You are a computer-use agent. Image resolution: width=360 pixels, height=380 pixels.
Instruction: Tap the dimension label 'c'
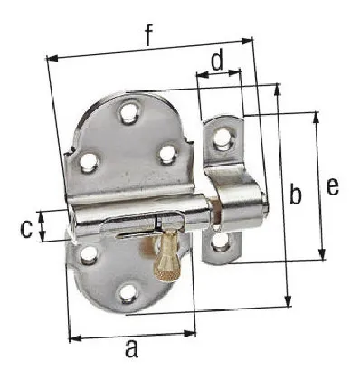pyautogui.click(x=26, y=226)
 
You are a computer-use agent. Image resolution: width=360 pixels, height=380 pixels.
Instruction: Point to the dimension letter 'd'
pyautogui.click(x=217, y=62)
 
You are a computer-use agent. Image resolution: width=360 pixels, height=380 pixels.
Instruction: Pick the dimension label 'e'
pyautogui.click(x=332, y=186)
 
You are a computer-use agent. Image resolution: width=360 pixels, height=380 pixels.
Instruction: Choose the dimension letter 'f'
pyautogui.click(x=147, y=35)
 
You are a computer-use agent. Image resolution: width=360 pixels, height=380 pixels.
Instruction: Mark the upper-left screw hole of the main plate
pyautogui.click(x=89, y=163)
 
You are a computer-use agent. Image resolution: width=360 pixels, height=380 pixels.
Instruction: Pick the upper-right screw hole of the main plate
pyautogui.click(x=167, y=154)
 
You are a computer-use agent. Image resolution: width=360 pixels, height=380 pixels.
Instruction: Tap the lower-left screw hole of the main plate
pyautogui.click(x=88, y=256)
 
